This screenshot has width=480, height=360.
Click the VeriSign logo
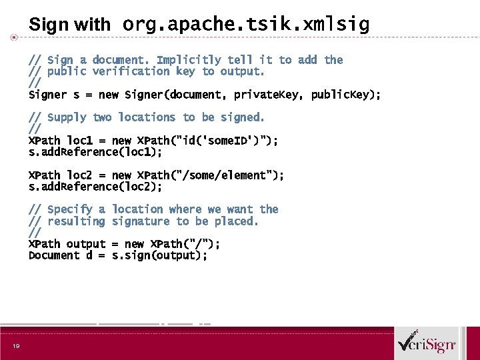click(x=426, y=344)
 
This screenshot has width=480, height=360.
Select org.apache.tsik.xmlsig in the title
click(x=245, y=25)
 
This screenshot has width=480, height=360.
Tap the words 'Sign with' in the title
click(x=69, y=25)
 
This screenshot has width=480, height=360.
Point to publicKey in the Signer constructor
click(x=343, y=95)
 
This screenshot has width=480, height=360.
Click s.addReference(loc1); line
click(x=95, y=152)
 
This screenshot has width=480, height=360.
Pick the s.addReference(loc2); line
click(x=95, y=187)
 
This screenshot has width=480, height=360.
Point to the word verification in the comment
click(x=131, y=71)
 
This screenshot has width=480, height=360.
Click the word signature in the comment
click(x=141, y=221)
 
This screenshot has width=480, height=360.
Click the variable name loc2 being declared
click(x=79, y=175)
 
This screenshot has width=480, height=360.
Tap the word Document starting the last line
click(x=54, y=255)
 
